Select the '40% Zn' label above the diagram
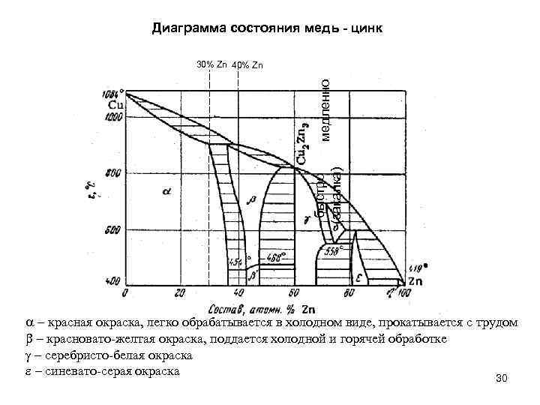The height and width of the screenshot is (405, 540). point(247,64)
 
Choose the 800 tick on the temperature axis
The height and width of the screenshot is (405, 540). point(112,173)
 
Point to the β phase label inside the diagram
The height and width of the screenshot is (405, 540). point(251,199)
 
